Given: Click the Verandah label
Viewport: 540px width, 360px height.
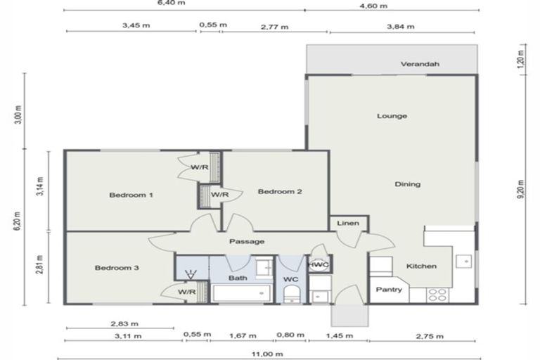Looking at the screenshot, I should pyautogui.click(x=420, y=64).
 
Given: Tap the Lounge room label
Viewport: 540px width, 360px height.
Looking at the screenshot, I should pyautogui.click(x=392, y=116).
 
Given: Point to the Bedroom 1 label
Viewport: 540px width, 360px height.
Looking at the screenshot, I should pyautogui.click(x=131, y=195).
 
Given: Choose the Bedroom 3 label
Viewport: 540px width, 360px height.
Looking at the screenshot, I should pyautogui.click(x=117, y=268).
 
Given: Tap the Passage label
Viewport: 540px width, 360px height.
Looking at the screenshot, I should pyautogui.click(x=247, y=241).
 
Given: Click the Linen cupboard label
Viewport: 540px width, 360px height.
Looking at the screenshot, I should pyautogui.click(x=347, y=224).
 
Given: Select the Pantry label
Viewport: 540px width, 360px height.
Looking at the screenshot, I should pyautogui.click(x=388, y=289).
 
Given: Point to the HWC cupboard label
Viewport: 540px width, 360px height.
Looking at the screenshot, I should pyautogui.click(x=319, y=264).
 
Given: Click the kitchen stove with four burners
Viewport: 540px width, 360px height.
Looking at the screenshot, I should pyautogui.click(x=437, y=295).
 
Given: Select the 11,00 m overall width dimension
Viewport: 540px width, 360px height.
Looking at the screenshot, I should pyautogui.click(x=270, y=353).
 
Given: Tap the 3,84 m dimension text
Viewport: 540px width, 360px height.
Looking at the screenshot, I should pyautogui.click(x=401, y=27).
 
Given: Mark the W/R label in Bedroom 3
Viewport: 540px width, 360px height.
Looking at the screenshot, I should pyautogui.click(x=186, y=292).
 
